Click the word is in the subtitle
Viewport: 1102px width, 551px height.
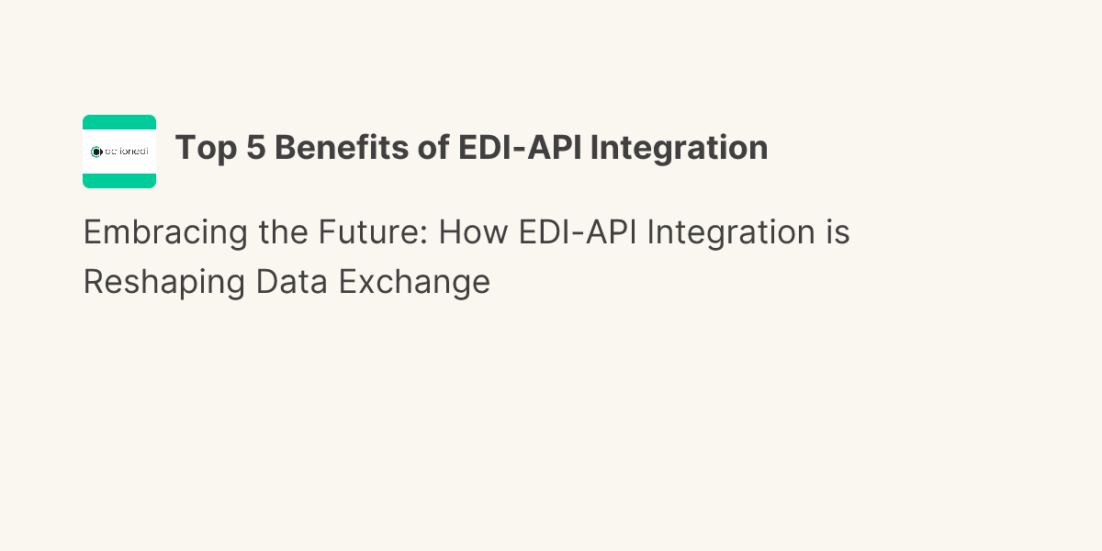(838, 233)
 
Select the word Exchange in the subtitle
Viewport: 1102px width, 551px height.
(414, 283)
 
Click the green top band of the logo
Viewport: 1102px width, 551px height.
(119, 122)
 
